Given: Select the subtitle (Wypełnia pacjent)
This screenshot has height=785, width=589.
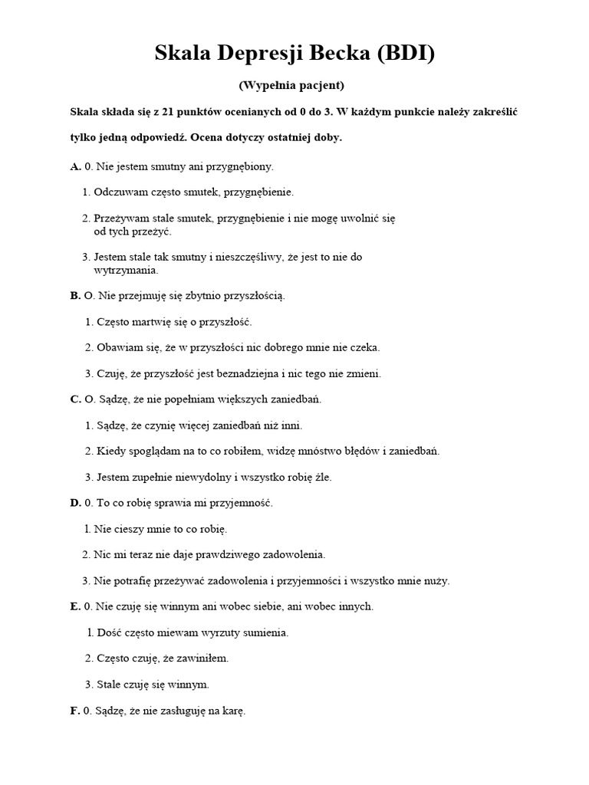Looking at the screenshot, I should [x=294, y=85].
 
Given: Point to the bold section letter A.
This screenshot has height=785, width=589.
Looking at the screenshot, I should [x=74, y=166].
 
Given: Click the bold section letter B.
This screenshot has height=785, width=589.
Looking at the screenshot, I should [x=74, y=295].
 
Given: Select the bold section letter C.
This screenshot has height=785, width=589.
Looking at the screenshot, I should [x=74, y=399].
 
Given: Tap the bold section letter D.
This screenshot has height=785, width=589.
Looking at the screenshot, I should [x=74, y=503].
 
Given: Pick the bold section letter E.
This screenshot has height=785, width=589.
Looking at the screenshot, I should [x=74, y=606].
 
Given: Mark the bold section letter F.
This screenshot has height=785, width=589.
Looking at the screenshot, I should [x=74, y=711].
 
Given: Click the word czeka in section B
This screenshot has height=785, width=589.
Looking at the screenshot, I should [x=366, y=347].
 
